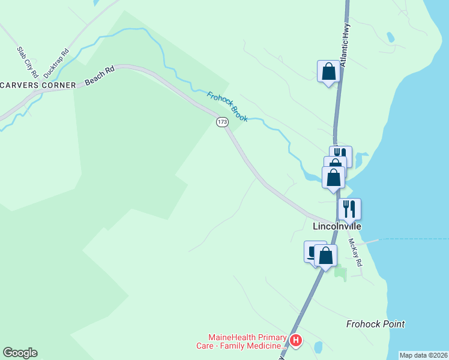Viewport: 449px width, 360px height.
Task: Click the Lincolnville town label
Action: coord(337,227)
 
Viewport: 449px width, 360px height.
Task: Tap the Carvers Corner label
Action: coord(38,85)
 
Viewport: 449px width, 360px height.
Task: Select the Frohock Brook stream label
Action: coord(228,106)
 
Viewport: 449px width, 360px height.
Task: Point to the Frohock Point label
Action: coord(375,324)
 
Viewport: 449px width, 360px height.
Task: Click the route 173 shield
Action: coord(222,122)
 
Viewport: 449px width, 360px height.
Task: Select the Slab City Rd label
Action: coord(28,62)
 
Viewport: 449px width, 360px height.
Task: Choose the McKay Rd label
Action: coord(355,253)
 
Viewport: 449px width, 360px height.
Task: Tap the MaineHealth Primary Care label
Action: coord(246,341)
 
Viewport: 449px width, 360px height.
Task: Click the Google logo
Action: coord(20,353)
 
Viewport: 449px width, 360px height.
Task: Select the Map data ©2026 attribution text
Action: coord(423,355)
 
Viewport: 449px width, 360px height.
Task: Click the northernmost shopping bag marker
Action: coord(328,71)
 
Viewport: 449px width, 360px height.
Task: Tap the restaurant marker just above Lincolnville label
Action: coord(349,209)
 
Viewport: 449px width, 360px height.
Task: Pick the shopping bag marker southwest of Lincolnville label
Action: coord(325,256)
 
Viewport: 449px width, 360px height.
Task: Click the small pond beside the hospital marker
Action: coord(318,347)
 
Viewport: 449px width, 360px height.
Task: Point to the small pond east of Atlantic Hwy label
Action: coord(391,37)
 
